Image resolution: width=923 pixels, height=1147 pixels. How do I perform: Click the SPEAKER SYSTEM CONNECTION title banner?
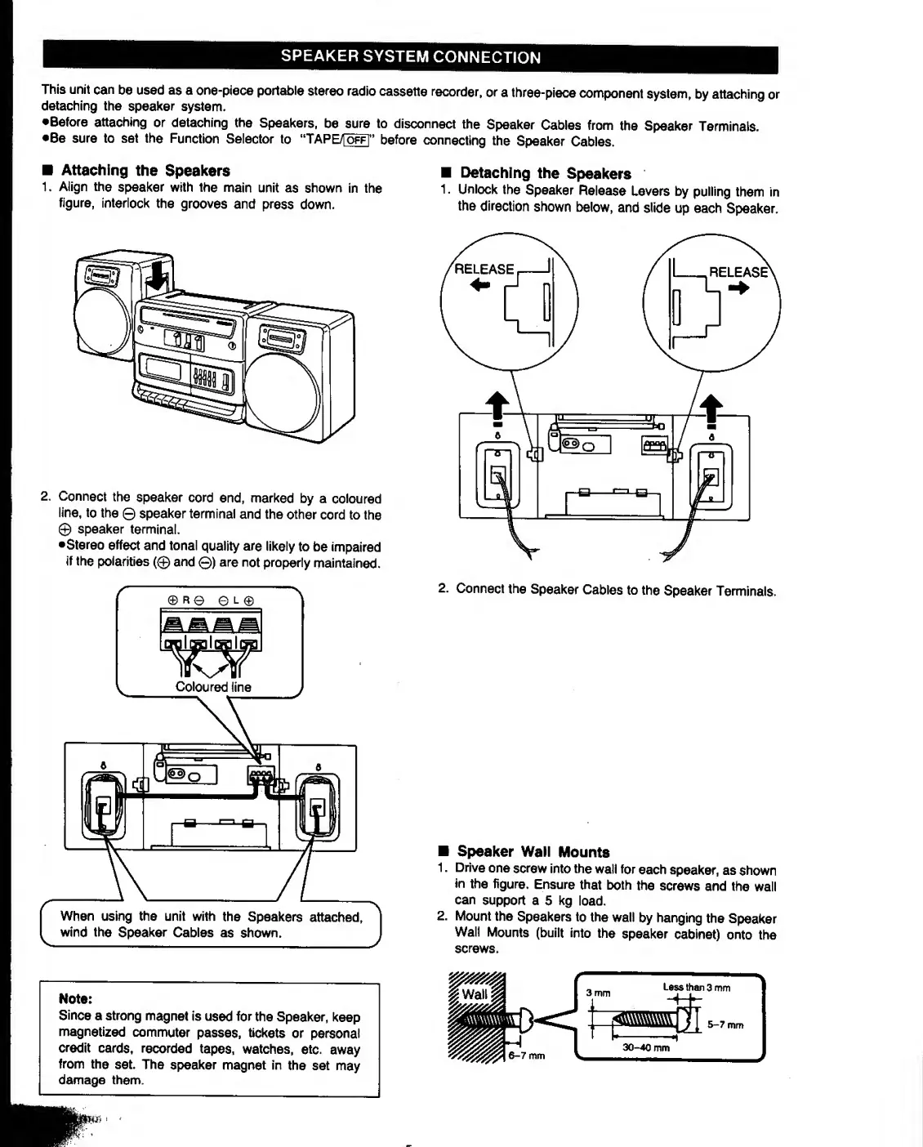click(x=410, y=57)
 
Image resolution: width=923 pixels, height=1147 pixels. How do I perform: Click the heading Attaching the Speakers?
click(x=145, y=171)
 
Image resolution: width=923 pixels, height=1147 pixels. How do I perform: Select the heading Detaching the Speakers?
click(x=545, y=173)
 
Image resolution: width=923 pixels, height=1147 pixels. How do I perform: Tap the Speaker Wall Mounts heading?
click(x=533, y=851)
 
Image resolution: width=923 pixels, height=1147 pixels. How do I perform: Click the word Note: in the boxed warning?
click(x=75, y=998)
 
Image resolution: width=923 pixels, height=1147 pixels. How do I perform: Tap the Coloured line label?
click(x=213, y=687)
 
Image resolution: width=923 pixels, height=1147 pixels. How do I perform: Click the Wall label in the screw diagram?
click(x=475, y=994)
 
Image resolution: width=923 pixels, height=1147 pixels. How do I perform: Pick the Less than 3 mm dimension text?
click(x=696, y=988)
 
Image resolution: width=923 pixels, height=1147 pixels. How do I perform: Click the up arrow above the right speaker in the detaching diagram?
click(x=712, y=408)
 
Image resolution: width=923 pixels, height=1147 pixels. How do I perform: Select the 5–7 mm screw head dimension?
click(x=725, y=1024)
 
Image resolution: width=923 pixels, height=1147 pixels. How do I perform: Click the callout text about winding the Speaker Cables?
click(x=210, y=924)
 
